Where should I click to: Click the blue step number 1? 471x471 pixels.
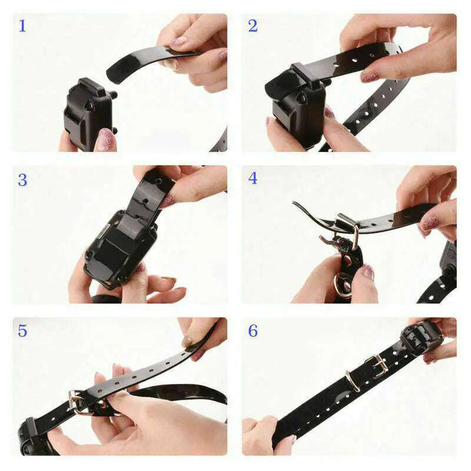(22, 26)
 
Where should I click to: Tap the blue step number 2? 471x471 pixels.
(253, 26)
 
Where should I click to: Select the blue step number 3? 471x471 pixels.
(22, 180)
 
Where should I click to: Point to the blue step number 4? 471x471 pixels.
(253, 178)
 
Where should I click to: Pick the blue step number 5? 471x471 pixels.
(22, 331)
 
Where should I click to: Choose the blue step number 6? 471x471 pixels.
(253, 331)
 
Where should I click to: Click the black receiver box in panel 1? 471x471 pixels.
(87, 112)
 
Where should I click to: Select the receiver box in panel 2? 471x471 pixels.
(297, 106)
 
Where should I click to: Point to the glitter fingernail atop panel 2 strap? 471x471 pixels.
(370, 77)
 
